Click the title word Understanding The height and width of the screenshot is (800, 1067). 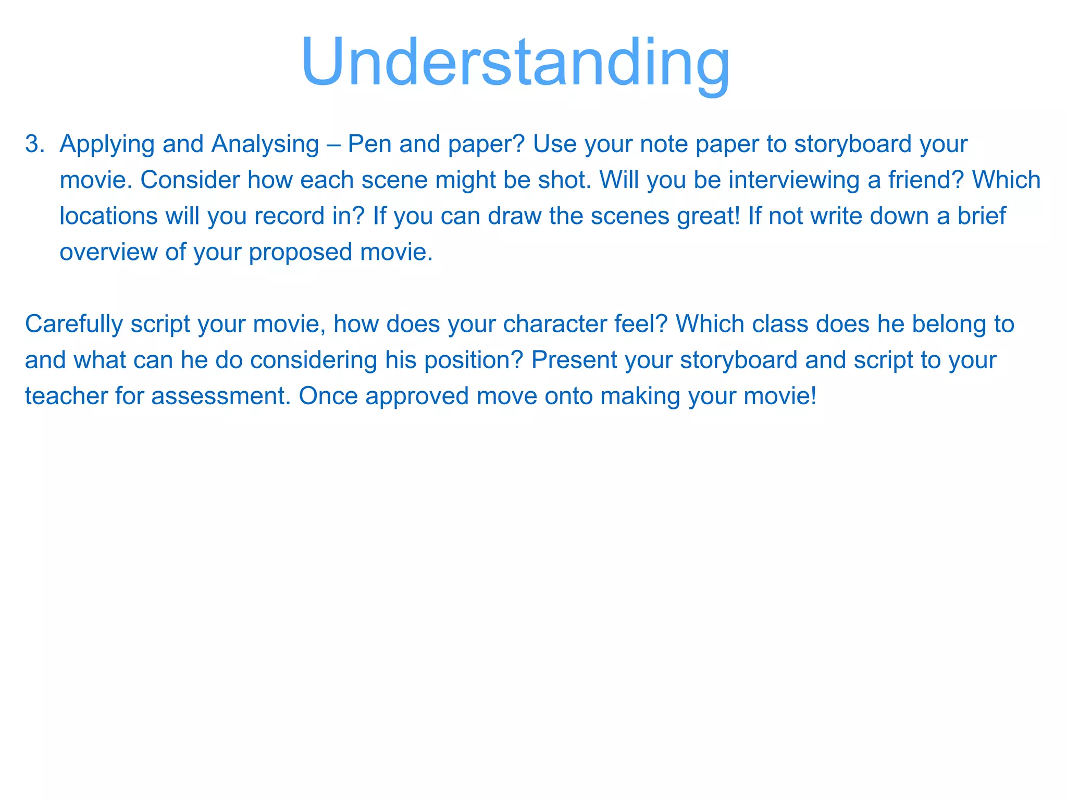515,63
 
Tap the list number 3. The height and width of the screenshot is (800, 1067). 34,144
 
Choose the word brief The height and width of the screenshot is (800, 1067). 982,216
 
